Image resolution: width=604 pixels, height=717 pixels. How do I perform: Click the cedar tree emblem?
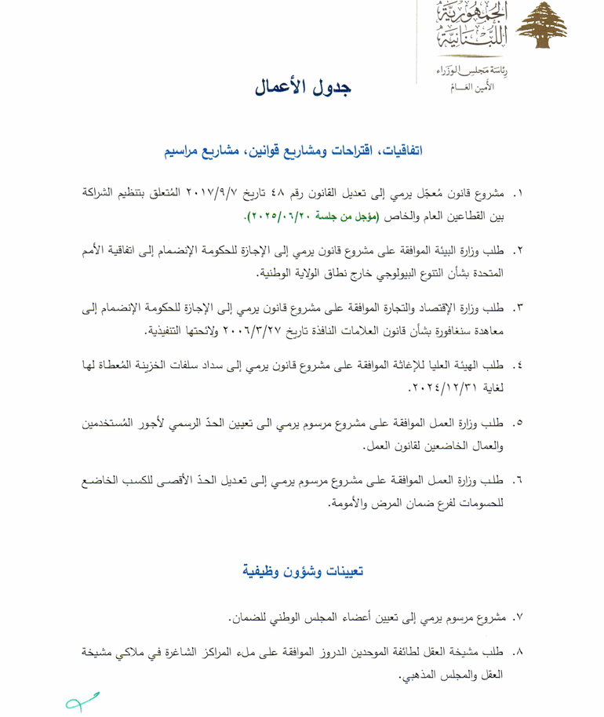pos(544,26)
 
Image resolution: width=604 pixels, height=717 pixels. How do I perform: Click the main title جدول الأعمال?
pos(302,86)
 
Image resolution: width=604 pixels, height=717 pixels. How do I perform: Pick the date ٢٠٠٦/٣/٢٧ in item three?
pos(253,330)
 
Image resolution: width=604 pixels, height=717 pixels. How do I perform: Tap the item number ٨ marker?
pos(518,653)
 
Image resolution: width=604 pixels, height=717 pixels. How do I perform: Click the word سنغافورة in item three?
pos(475,330)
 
